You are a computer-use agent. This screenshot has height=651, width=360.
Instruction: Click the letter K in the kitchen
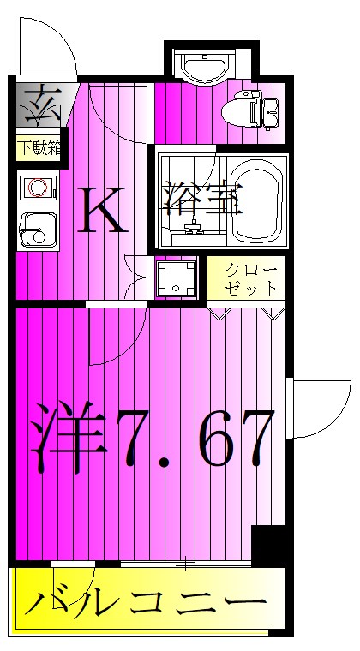[104, 211]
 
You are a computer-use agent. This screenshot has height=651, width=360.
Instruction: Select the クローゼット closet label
[250, 278]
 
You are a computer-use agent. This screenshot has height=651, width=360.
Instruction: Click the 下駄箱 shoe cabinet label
[38, 147]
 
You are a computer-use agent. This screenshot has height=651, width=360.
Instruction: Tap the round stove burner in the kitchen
[36, 186]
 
